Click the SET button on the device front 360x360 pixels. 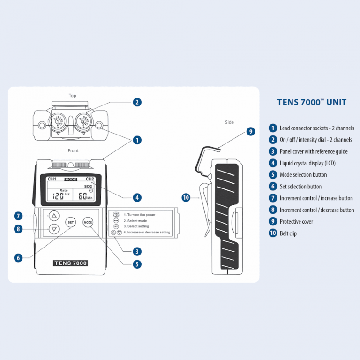click(70, 222)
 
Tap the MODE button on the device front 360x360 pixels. click(88, 222)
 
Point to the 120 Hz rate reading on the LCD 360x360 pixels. click(60, 196)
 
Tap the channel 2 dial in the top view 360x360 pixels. click(84, 121)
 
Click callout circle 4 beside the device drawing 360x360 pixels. click(137, 197)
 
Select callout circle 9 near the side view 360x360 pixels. click(251, 132)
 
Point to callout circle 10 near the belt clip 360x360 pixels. click(186, 197)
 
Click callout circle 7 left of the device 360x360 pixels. click(18, 216)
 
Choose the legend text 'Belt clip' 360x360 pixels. click(288, 233)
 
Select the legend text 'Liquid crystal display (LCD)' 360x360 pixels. click(307, 163)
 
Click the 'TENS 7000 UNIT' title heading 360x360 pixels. click(312, 102)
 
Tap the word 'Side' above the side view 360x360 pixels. click(229, 122)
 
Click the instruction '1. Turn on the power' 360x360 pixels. click(139, 215)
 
